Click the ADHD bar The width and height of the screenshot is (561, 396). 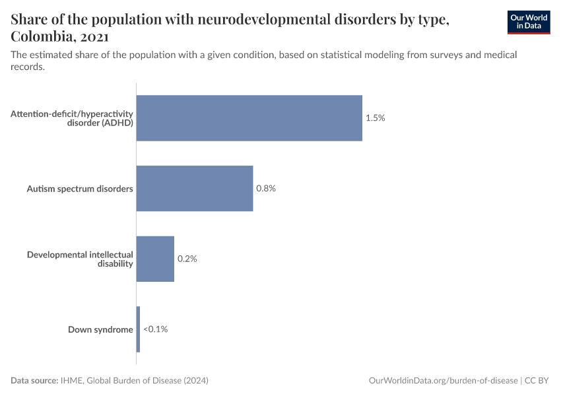click(249, 118)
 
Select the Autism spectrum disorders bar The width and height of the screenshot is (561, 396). click(195, 188)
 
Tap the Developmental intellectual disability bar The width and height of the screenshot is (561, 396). click(155, 259)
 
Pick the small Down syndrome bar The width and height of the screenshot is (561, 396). click(138, 329)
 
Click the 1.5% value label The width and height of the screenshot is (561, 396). click(375, 118)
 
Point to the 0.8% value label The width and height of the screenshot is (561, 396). click(265, 188)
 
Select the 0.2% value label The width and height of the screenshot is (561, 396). click(187, 259)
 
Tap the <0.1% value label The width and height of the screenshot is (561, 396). click(156, 329)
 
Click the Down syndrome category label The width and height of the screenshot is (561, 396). click(100, 329)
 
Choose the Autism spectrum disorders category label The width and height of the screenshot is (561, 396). click(80, 189)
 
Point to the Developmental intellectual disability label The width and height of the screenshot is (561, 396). click(80, 259)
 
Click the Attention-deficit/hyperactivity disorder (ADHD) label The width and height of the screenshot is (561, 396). click(72, 118)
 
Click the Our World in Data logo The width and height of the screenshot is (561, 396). click(528, 22)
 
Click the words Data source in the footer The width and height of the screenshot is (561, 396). click(34, 381)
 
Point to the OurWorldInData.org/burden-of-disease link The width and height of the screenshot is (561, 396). click(442, 381)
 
